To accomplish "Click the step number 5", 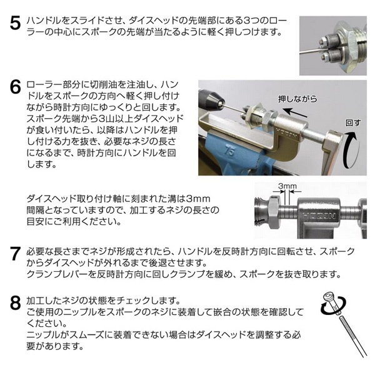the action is (15, 23).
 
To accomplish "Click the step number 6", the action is (15, 87).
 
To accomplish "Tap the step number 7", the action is (15, 253).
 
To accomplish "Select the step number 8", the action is (15, 302).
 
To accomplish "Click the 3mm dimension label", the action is (287, 186).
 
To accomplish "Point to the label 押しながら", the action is (297, 99).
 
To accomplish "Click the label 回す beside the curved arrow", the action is (353, 122).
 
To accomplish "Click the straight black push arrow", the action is (294, 112).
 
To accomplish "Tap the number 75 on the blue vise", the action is (229, 151).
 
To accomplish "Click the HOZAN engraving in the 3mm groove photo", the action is (319, 216).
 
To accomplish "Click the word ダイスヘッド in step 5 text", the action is (153, 21).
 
